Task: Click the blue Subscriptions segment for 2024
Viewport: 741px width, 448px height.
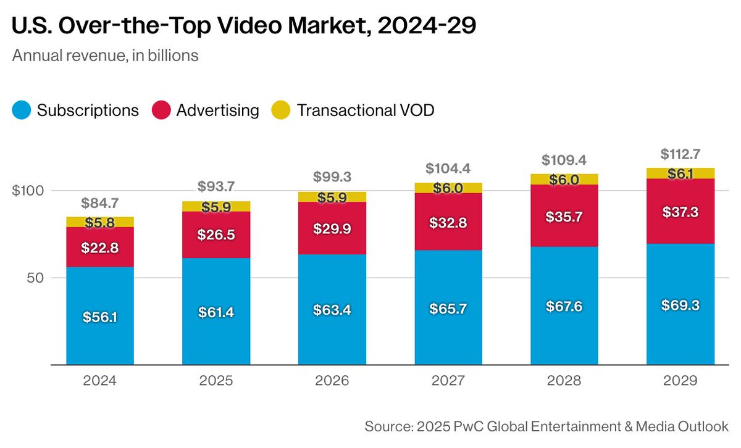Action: click(x=100, y=333)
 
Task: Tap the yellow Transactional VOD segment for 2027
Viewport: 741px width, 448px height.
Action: click(x=448, y=188)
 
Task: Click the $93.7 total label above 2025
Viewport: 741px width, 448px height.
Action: click(x=216, y=186)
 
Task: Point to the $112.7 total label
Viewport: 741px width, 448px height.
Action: click(x=680, y=154)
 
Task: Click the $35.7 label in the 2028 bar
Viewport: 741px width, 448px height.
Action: click(x=564, y=217)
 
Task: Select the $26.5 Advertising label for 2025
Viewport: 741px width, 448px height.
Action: click(x=216, y=234)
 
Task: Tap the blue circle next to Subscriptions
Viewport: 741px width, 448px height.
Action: click(x=21, y=110)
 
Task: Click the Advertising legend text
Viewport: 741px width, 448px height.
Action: click(x=217, y=110)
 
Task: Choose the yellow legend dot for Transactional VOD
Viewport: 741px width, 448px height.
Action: click(x=281, y=110)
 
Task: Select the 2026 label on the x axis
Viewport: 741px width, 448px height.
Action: click(x=332, y=381)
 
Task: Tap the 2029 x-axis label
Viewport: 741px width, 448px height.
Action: click(x=680, y=381)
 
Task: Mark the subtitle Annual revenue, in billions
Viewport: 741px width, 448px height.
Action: click(x=105, y=56)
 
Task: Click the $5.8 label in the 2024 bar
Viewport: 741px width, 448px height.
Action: click(x=100, y=222)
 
